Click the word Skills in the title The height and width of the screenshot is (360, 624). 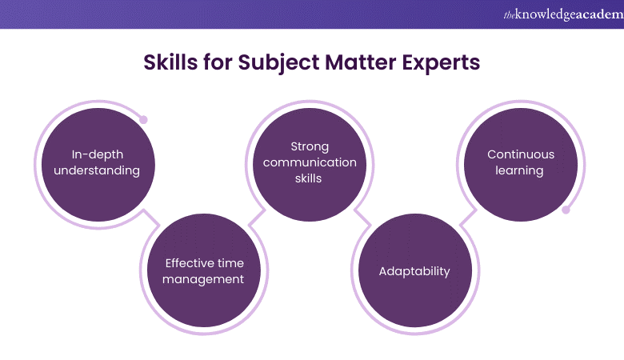pyautogui.click(x=170, y=62)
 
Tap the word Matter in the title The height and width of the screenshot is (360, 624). pyautogui.click(x=361, y=62)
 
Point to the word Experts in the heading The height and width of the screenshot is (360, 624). pyautogui.click(x=441, y=63)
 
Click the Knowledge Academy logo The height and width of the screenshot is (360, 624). pyautogui.click(x=563, y=14)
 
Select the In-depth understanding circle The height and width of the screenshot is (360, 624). pyautogui.click(x=98, y=165)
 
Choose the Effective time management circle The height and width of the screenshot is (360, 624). pyautogui.click(x=204, y=270)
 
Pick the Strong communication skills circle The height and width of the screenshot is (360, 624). pyautogui.click(x=310, y=165)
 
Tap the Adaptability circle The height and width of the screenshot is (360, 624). pyautogui.click(x=415, y=270)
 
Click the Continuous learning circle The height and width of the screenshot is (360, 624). pyautogui.click(x=521, y=165)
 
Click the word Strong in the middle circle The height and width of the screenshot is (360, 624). pyautogui.click(x=310, y=146)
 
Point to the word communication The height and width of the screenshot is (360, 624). pyautogui.click(x=310, y=162)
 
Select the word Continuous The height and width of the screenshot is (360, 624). pyautogui.click(x=521, y=154)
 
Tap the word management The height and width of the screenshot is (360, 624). pyautogui.click(x=203, y=280)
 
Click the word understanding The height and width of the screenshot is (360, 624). pyautogui.click(x=97, y=170)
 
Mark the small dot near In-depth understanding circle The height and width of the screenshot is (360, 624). pyautogui.click(x=144, y=119)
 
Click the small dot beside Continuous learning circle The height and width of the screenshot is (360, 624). pyautogui.click(x=566, y=210)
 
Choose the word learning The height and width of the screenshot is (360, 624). pyautogui.click(x=519, y=170)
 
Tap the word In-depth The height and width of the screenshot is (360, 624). pyautogui.click(x=98, y=154)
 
